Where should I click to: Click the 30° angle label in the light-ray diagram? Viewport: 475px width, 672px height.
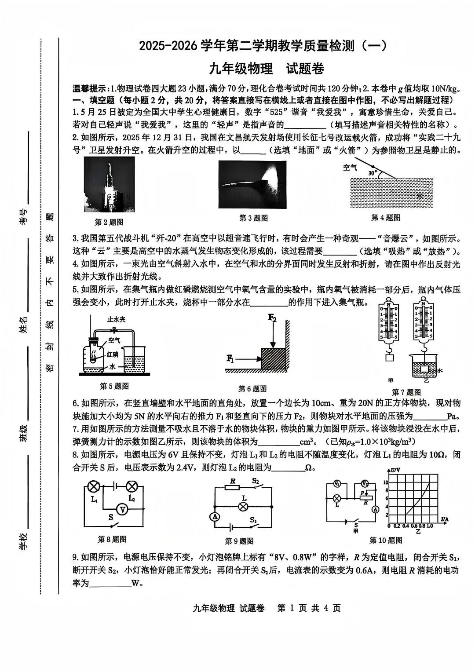pos(373,173)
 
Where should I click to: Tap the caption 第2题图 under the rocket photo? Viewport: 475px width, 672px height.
pos(109,222)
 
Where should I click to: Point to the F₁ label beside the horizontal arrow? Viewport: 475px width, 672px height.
pos(230,358)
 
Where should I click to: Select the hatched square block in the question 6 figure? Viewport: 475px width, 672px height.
pos(274,358)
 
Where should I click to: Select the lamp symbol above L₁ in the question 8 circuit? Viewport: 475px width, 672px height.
pos(93,486)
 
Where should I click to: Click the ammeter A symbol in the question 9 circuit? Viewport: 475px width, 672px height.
pos(215,517)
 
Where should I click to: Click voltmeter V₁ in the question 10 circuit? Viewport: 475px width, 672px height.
pos(337,484)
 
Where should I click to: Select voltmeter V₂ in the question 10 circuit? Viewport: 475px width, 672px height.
pos(365,484)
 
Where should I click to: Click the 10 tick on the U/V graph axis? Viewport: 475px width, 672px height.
pos(386,482)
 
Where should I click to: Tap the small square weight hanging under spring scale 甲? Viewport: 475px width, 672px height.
pos(390,358)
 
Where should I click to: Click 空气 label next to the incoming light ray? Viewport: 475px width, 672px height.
pos(351,167)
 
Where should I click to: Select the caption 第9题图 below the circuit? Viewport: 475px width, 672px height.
pos(239,541)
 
